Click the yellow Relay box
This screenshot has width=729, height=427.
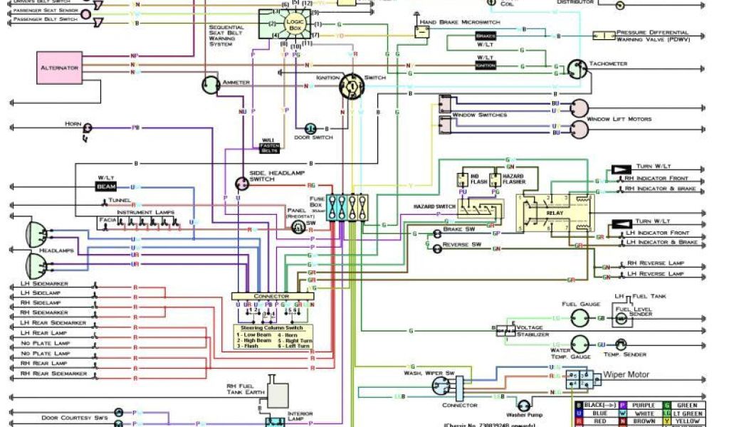(555, 211)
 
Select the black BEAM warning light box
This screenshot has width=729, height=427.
(106, 186)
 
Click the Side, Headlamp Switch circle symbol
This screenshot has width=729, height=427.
(242, 184)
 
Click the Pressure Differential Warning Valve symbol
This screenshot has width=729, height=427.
(605, 36)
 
